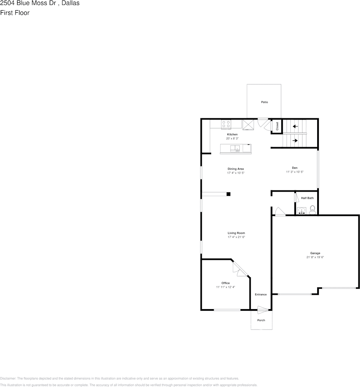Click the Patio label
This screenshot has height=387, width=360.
pos(265,102)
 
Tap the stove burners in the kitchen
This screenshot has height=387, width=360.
pos(225,124)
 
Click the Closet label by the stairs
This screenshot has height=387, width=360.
pos(277,126)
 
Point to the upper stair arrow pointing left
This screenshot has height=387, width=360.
pos(295,126)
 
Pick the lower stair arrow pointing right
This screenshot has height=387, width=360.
pos(295,141)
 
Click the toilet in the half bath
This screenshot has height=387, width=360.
pos(312,210)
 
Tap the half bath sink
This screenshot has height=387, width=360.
pos(301,211)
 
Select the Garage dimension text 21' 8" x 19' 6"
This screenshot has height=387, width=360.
pos(315,257)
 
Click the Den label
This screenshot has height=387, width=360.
pos(294,168)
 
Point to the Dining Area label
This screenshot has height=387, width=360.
pos(236,169)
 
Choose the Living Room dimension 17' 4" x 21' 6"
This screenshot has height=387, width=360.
pos(236,237)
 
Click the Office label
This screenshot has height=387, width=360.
pos(225,283)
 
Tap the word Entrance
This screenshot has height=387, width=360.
pos(261,294)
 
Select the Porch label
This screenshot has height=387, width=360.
pos(261,320)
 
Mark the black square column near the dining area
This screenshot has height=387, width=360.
pos(229,194)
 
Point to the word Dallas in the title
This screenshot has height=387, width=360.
pos(71,3)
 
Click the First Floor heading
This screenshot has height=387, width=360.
pos(15,13)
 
